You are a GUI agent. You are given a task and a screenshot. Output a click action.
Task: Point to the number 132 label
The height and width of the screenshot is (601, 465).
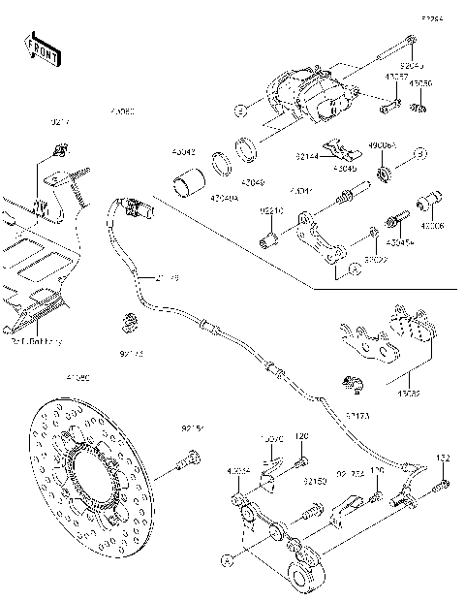click(x=444, y=458)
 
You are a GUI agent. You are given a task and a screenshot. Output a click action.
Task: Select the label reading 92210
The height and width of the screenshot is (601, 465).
click(x=271, y=208)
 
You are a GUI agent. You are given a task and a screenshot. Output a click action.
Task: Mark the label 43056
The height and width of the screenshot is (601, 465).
click(x=420, y=84)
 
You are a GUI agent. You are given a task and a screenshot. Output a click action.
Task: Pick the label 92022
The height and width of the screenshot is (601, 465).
click(x=376, y=260)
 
